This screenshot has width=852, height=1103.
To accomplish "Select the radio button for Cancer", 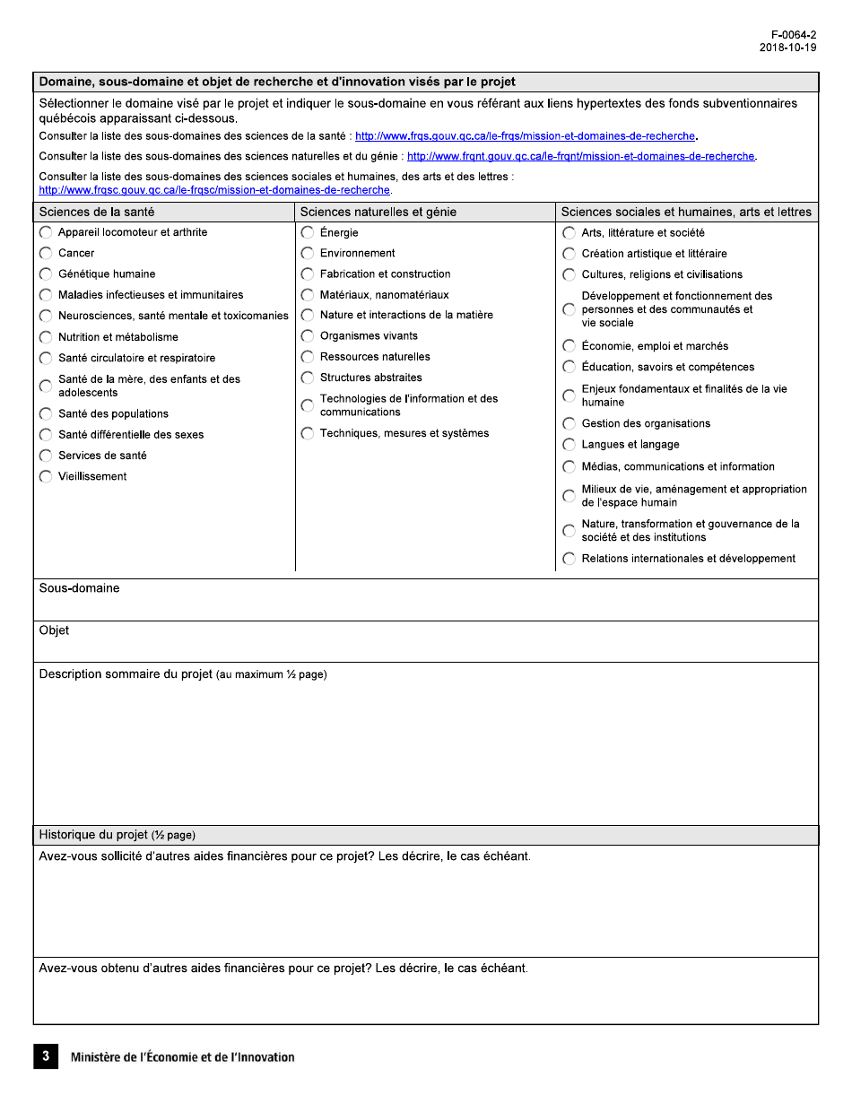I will pos(46,254).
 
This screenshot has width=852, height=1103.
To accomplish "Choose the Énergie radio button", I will pos(308,232).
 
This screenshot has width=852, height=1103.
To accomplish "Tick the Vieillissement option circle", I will pos(46,477).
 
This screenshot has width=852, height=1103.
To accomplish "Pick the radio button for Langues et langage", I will pos(569,445).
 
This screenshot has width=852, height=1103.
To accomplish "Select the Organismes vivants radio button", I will pos(308,336).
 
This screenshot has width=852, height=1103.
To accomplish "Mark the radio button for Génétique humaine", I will pos(46,274).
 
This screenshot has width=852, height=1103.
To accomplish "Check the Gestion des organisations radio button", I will pos(569,424).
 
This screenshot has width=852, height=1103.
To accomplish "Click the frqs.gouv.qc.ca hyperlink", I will pos(526,136).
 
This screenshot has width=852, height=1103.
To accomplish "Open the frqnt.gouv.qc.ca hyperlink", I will pos(581,156).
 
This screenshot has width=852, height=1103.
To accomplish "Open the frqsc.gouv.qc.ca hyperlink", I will pos(214,190).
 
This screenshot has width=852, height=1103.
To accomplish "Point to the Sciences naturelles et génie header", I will pos(378,213).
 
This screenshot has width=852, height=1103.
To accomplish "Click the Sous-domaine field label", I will pos(79,588).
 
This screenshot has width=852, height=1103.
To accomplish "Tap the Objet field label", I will pos(54,630).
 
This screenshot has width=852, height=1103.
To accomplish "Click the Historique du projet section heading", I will pos(117,835).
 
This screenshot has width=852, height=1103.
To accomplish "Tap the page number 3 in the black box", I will pos(46,1056).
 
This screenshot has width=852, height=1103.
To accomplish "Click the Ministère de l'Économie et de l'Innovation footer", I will pos(182,1057).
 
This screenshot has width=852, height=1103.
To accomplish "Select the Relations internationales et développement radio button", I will pos(569,560).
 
